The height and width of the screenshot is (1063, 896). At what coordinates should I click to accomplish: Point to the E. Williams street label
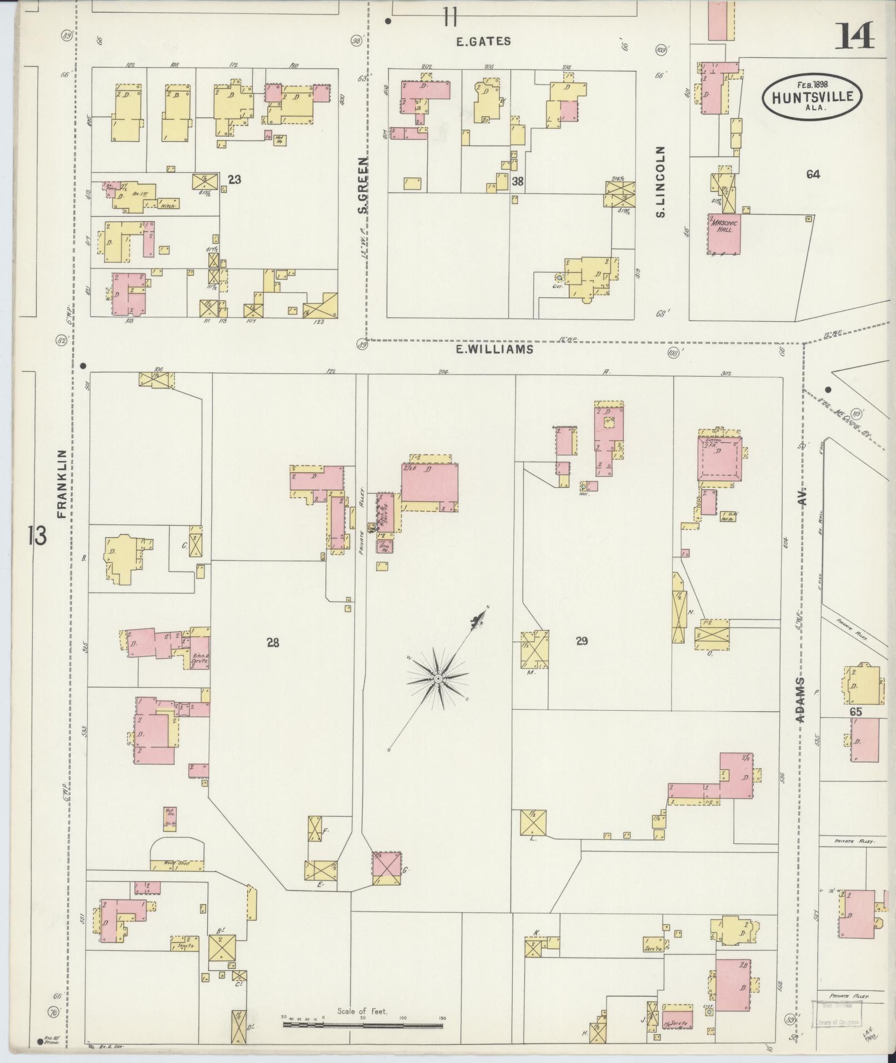(494, 349)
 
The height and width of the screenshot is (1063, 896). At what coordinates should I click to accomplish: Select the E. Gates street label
(483, 41)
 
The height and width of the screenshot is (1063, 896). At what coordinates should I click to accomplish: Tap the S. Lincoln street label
(660, 181)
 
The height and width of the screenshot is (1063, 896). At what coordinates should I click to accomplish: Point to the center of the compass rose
(438, 678)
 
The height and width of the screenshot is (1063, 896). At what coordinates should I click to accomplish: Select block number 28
(272, 643)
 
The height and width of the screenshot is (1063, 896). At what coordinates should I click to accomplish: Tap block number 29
(582, 641)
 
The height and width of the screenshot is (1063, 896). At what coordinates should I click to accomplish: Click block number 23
(234, 179)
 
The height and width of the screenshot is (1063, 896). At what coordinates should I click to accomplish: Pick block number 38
(518, 181)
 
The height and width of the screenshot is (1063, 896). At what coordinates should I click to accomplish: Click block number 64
(813, 174)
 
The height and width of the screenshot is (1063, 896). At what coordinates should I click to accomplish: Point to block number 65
(855, 712)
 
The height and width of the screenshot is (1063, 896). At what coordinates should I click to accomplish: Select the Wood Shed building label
(177, 879)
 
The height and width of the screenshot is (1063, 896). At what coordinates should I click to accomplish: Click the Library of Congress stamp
(836, 1012)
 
